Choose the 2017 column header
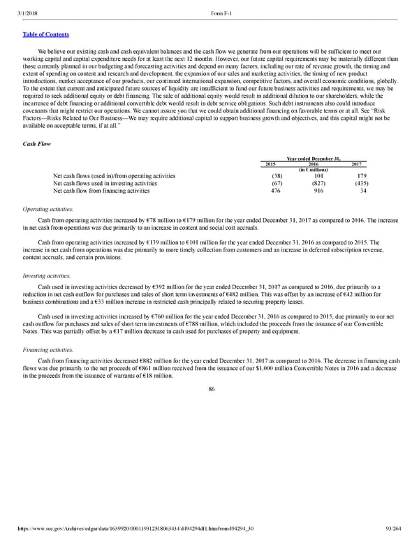[360, 163]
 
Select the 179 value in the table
[361, 176]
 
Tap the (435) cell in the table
[360, 183]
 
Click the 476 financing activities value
[275, 190]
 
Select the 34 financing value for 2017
[363, 190]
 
